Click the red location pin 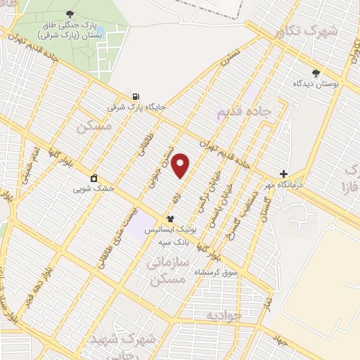[181, 165]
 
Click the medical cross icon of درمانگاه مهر [283, 174]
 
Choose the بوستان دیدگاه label [316, 83]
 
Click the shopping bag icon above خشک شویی [94, 178]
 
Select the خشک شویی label [93, 188]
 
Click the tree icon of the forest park [69, 14]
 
